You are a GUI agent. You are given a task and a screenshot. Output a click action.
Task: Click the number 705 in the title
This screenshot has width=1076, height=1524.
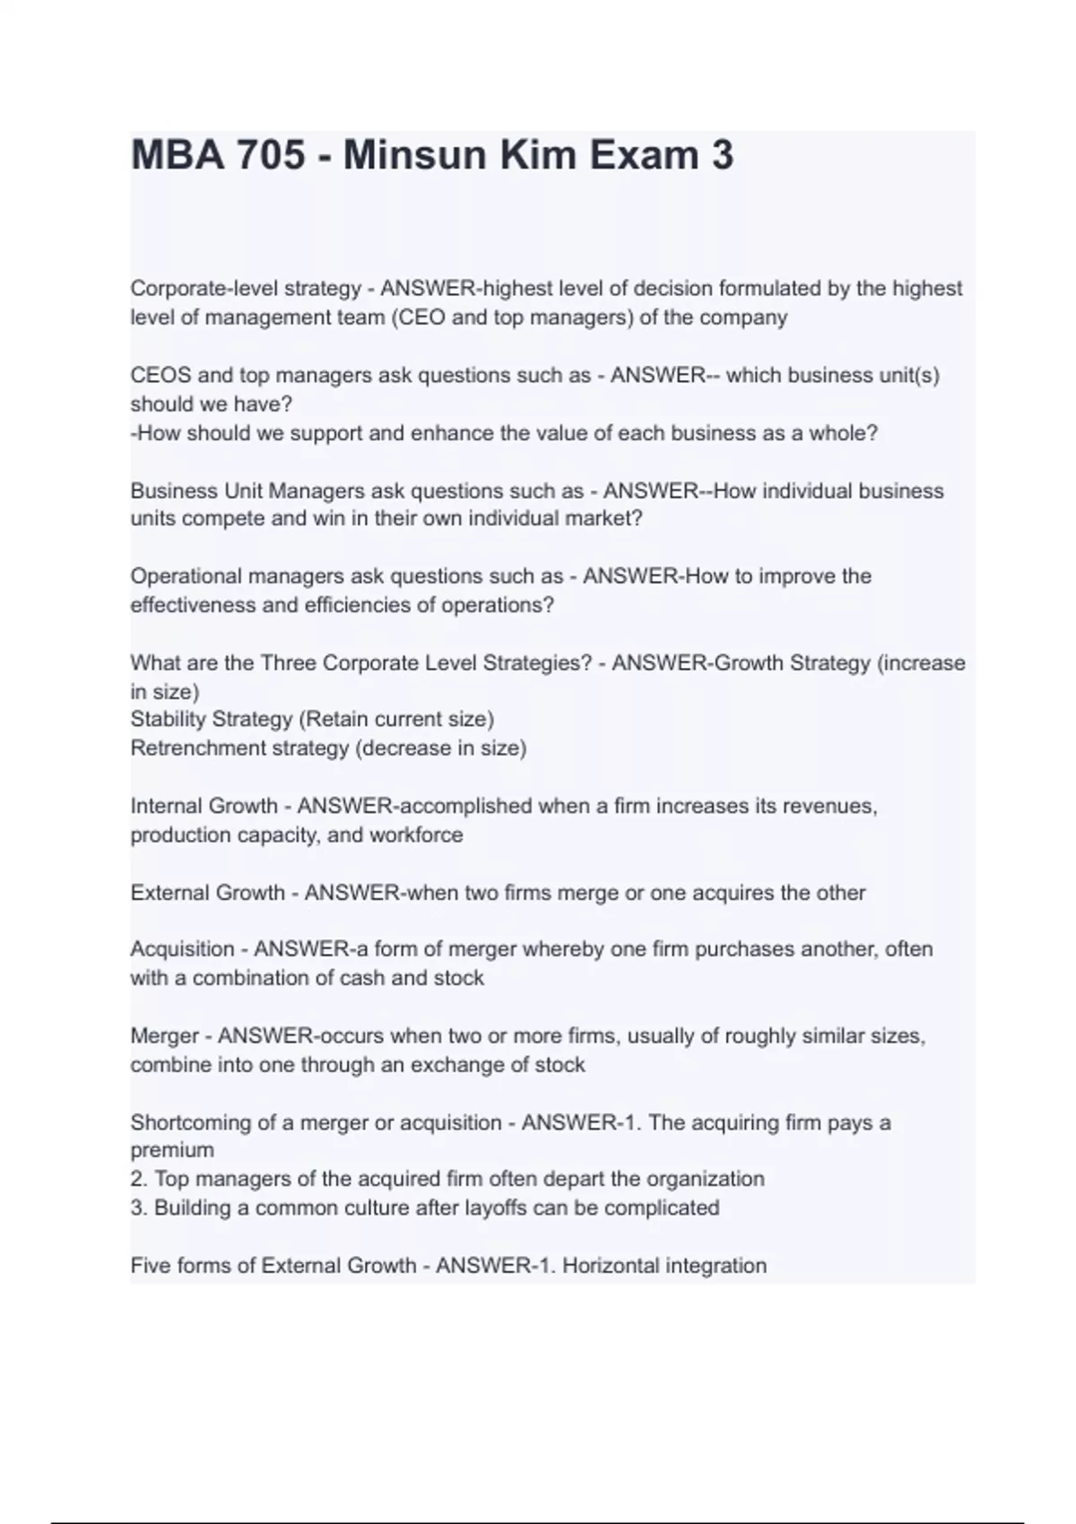(270, 155)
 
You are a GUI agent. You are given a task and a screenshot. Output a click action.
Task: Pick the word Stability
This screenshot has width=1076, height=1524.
(165, 719)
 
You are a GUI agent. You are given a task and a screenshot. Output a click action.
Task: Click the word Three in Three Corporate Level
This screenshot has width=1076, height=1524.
(288, 662)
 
